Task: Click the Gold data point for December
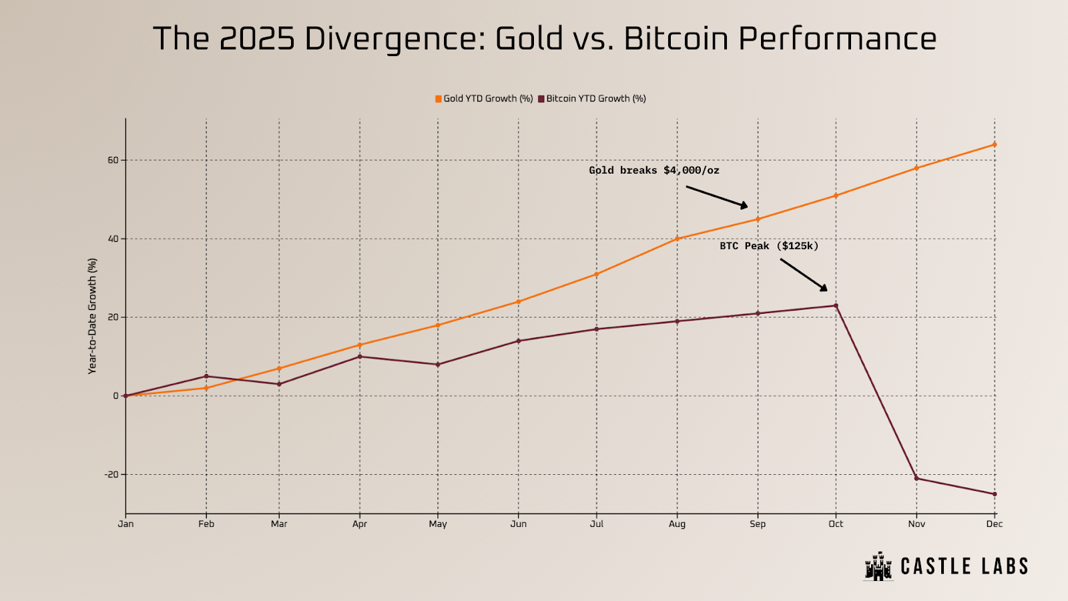(x=994, y=144)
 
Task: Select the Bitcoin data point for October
(x=836, y=306)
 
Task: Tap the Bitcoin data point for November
(x=916, y=478)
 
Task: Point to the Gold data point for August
(x=677, y=238)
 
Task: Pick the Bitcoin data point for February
(x=206, y=377)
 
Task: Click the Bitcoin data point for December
(x=994, y=494)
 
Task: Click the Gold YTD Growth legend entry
(x=484, y=99)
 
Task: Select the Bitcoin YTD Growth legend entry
(x=592, y=99)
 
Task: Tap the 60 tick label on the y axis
(x=113, y=160)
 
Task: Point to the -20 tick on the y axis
(x=111, y=475)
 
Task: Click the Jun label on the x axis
(x=518, y=524)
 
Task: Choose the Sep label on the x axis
(x=758, y=524)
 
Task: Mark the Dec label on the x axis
(x=994, y=524)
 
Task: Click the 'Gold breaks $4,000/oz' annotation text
(x=653, y=170)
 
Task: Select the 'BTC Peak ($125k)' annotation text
(x=768, y=246)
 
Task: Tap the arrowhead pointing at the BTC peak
(x=824, y=288)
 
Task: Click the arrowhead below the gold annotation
(x=744, y=205)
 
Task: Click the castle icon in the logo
(x=878, y=567)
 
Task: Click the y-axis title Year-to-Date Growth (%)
(x=93, y=317)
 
